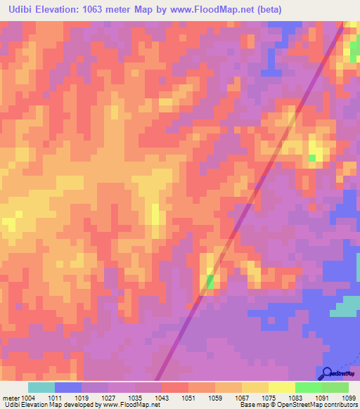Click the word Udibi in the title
point(19,9)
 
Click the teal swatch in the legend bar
point(41,387)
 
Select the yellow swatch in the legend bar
point(282,387)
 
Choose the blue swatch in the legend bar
point(68,387)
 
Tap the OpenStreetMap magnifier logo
point(328,373)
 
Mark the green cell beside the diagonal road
point(210,282)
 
